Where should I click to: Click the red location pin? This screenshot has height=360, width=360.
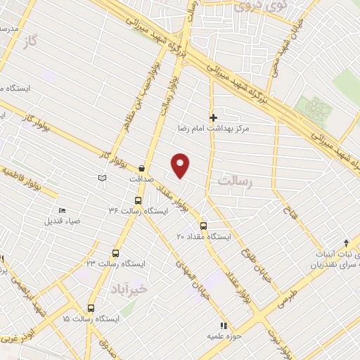(x=181, y=165)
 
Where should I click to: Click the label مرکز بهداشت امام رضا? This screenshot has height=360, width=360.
(x=224, y=129)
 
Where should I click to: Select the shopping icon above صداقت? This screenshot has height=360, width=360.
(x=142, y=168)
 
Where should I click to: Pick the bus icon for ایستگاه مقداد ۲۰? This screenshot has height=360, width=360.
(x=203, y=226)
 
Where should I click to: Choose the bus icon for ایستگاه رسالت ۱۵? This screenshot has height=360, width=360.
(x=91, y=308)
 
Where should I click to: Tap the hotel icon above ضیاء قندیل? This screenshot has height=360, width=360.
(x=62, y=210)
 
